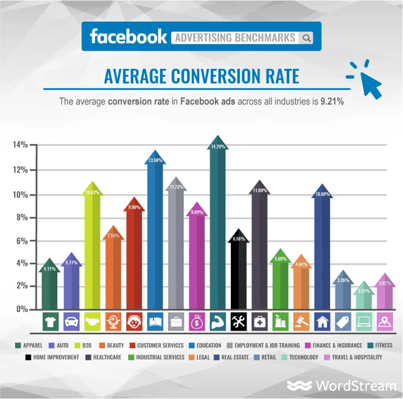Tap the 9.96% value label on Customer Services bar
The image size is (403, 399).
click(134, 207)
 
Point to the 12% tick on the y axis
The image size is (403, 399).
click(20, 170)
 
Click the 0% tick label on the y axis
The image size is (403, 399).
click(22, 309)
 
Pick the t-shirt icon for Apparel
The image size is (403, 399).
click(50, 322)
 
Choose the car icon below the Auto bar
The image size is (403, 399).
click(71, 322)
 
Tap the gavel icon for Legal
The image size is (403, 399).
click(301, 322)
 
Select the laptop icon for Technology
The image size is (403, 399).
click(364, 322)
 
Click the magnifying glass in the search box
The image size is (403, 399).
click(307, 38)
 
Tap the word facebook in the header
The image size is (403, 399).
click(128, 36)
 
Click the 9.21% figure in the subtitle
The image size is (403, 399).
click(331, 101)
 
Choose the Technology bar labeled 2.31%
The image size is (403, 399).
click(364, 298)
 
